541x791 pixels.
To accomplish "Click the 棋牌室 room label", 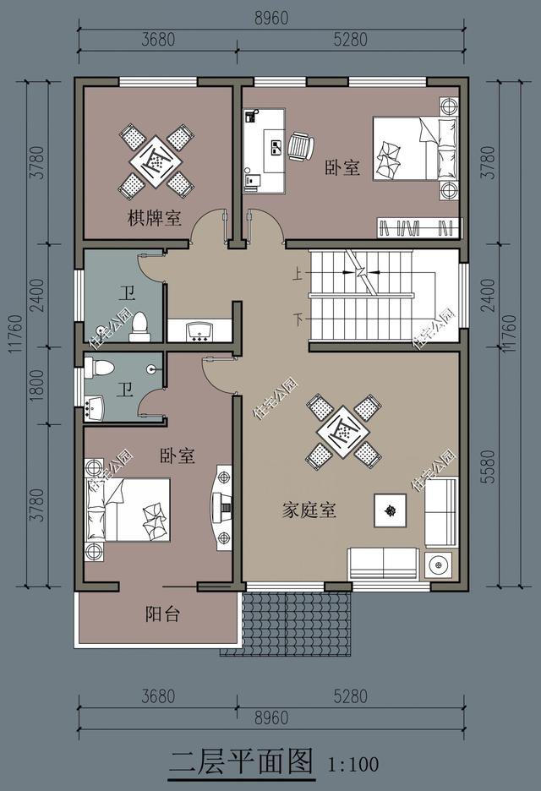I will click(155, 218).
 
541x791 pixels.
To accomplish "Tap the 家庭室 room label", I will click(309, 510).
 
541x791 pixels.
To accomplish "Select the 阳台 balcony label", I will click(161, 614).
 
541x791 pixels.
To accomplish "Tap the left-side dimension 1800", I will click(34, 390).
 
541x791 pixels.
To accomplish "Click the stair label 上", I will click(298, 274).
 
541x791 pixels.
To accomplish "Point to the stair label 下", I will click(298, 319).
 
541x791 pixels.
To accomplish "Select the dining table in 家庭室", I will click(343, 432).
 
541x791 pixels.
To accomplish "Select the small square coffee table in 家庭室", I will click(390, 510).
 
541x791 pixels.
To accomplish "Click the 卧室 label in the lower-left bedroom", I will click(178, 456).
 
